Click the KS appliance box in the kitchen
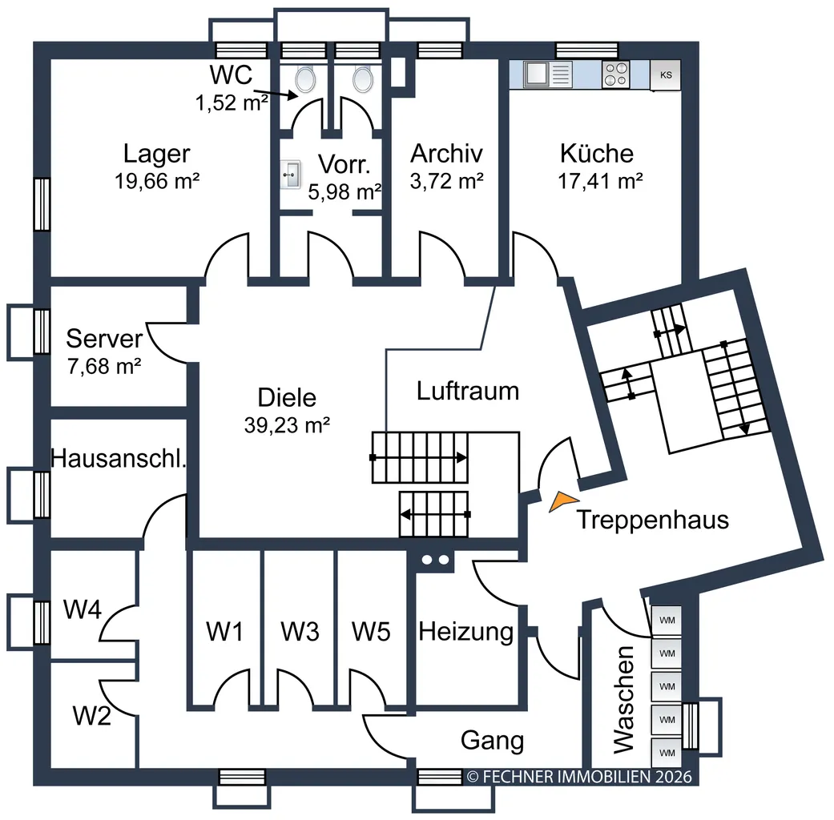point(666,75)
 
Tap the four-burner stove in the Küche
point(616,74)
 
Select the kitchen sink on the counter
point(547,74)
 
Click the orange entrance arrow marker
point(562,501)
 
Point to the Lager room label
point(156,154)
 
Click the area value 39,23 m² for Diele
point(288,425)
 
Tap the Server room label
point(104,339)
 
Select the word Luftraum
point(468,391)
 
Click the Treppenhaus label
point(653,520)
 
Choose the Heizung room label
point(466,633)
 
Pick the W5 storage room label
point(371,632)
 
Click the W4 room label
point(82,609)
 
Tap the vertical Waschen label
point(623,699)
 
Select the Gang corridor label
point(493,740)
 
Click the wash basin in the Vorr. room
point(290,175)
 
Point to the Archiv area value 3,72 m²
point(447,181)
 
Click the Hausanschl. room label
point(118,458)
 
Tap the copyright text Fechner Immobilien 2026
point(579,777)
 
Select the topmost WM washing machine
point(667,620)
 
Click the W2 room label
point(91,716)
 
